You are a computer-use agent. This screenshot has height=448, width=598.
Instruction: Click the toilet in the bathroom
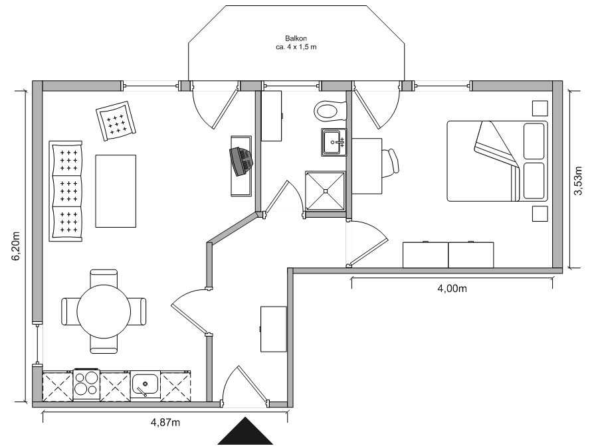(330, 109)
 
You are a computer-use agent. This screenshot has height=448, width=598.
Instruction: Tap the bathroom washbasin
(334, 142)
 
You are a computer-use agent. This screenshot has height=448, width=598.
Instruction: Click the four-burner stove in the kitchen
(86, 385)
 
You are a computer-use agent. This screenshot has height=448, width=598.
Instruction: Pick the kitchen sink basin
(144, 384)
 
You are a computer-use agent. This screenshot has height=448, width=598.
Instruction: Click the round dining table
(104, 311)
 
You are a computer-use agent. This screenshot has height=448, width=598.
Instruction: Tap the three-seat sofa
(66, 191)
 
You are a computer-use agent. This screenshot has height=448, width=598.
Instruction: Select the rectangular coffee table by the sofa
(116, 190)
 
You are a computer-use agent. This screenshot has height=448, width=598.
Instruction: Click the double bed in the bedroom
(496, 161)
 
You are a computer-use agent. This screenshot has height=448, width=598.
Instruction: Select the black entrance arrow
(245, 433)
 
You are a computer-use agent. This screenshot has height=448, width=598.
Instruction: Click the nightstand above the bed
(540, 108)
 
